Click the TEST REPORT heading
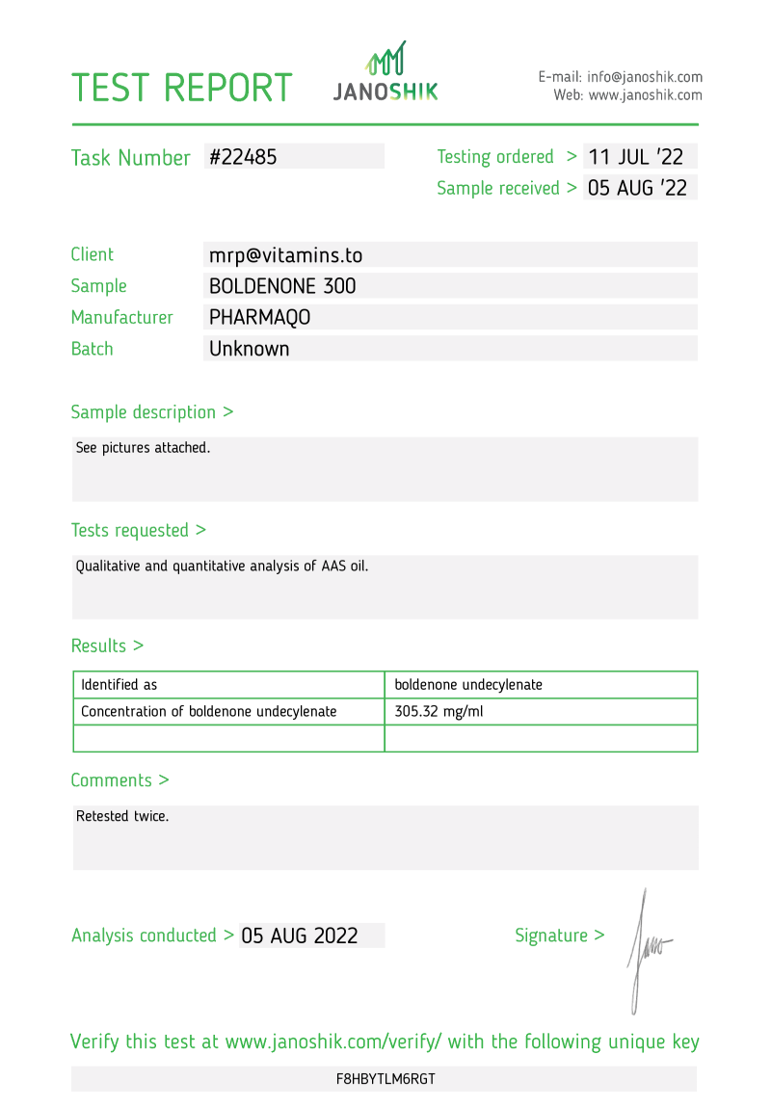click(x=181, y=88)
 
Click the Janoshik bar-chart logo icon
click(x=385, y=60)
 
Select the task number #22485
click(x=243, y=157)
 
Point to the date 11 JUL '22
click(x=637, y=157)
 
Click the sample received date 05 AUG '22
click(x=637, y=188)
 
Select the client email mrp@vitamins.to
click(x=285, y=255)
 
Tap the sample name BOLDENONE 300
click(x=282, y=286)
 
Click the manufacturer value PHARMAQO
click(x=260, y=317)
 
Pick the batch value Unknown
click(x=249, y=349)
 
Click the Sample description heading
click(x=151, y=412)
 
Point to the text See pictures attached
click(x=143, y=448)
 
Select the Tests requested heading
click(x=138, y=530)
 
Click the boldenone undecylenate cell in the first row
click(x=468, y=685)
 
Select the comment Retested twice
click(x=122, y=816)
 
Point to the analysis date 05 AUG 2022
click(x=300, y=936)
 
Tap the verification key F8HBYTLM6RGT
click(x=385, y=1079)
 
